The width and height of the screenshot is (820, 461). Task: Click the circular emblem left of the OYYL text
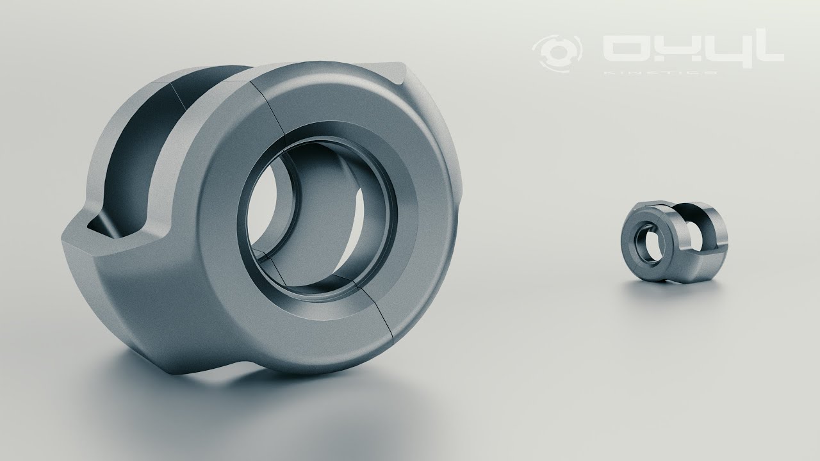[x=558, y=49]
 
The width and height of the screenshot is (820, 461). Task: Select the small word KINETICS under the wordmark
[x=660, y=72]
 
